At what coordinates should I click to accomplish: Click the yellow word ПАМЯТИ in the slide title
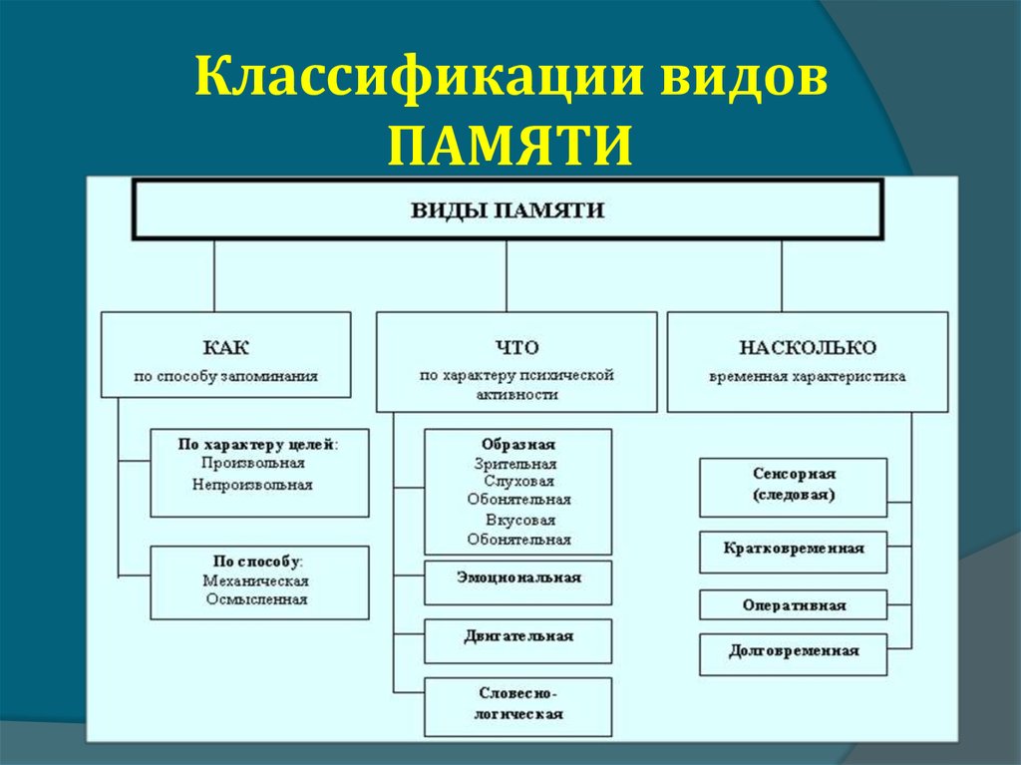[x=510, y=146]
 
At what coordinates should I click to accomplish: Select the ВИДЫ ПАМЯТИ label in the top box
[x=508, y=210]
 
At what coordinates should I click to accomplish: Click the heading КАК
[x=226, y=347]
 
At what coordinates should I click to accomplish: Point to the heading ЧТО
[x=517, y=347]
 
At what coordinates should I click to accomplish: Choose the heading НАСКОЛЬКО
[x=808, y=347]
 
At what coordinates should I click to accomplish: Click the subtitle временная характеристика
[x=808, y=377]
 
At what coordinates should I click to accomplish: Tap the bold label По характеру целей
[x=257, y=445]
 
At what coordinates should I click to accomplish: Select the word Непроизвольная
[x=252, y=485]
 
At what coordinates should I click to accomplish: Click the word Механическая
[x=256, y=580]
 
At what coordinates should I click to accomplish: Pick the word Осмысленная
[x=256, y=599]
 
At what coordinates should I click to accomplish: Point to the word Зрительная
[x=515, y=465]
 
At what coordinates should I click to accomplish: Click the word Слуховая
[x=518, y=482]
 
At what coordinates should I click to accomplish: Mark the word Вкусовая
[x=520, y=521]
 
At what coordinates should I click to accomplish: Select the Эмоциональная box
[x=518, y=582]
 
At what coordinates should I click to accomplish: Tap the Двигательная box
[x=518, y=641]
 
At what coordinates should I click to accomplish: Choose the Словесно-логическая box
[x=518, y=707]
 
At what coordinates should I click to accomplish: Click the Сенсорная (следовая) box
[x=793, y=488]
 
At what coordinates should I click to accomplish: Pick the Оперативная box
[x=793, y=604]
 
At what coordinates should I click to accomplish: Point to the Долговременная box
[x=793, y=654]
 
